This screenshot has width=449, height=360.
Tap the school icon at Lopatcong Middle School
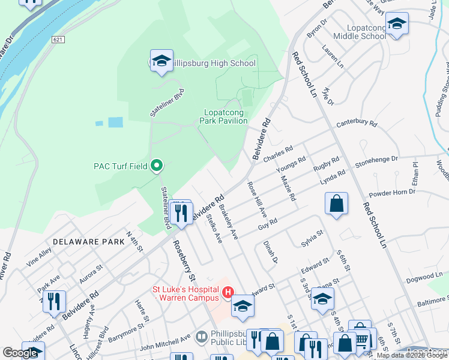click(x=397, y=25)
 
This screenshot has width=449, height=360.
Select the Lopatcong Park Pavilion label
click(x=225, y=116)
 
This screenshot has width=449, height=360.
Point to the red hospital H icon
click(x=228, y=292)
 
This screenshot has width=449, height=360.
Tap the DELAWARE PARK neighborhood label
click(x=88, y=242)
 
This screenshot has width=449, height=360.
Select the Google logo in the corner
click(x=20, y=353)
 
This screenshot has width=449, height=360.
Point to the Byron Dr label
click(x=317, y=29)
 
